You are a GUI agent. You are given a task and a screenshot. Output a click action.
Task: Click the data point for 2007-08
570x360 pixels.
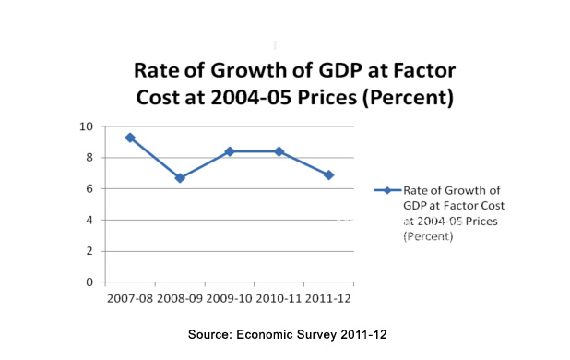pyautogui.click(x=130, y=138)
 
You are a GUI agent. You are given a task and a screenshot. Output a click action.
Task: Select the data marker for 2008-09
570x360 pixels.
pyautogui.click(x=180, y=178)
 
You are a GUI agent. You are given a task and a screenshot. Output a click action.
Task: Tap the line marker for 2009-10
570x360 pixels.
pyautogui.click(x=230, y=151)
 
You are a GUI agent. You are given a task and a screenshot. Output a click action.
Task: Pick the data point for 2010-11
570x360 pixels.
pyautogui.click(x=279, y=151)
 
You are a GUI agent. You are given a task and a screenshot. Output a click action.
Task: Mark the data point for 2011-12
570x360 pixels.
pyautogui.click(x=328, y=174)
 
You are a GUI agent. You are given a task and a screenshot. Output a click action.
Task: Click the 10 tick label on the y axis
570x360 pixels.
pyautogui.click(x=86, y=126)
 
